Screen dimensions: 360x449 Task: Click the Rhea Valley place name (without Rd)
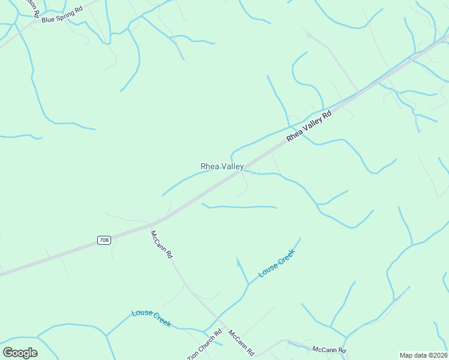(x=221, y=166)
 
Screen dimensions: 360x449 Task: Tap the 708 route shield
(x=104, y=240)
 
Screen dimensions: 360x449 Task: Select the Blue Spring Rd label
(x=62, y=14)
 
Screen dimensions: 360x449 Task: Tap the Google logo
(x=20, y=352)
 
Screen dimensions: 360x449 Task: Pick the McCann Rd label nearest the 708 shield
(x=162, y=244)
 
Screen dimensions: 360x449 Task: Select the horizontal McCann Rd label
(x=329, y=349)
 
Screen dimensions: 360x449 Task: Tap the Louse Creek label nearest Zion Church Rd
(x=151, y=319)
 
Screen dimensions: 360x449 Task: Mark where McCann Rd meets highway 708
(x=157, y=221)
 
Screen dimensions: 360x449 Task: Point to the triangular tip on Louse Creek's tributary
(x=238, y=260)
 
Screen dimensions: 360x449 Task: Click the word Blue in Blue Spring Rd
(x=48, y=19)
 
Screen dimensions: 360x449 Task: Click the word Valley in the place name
(x=232, y=166)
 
